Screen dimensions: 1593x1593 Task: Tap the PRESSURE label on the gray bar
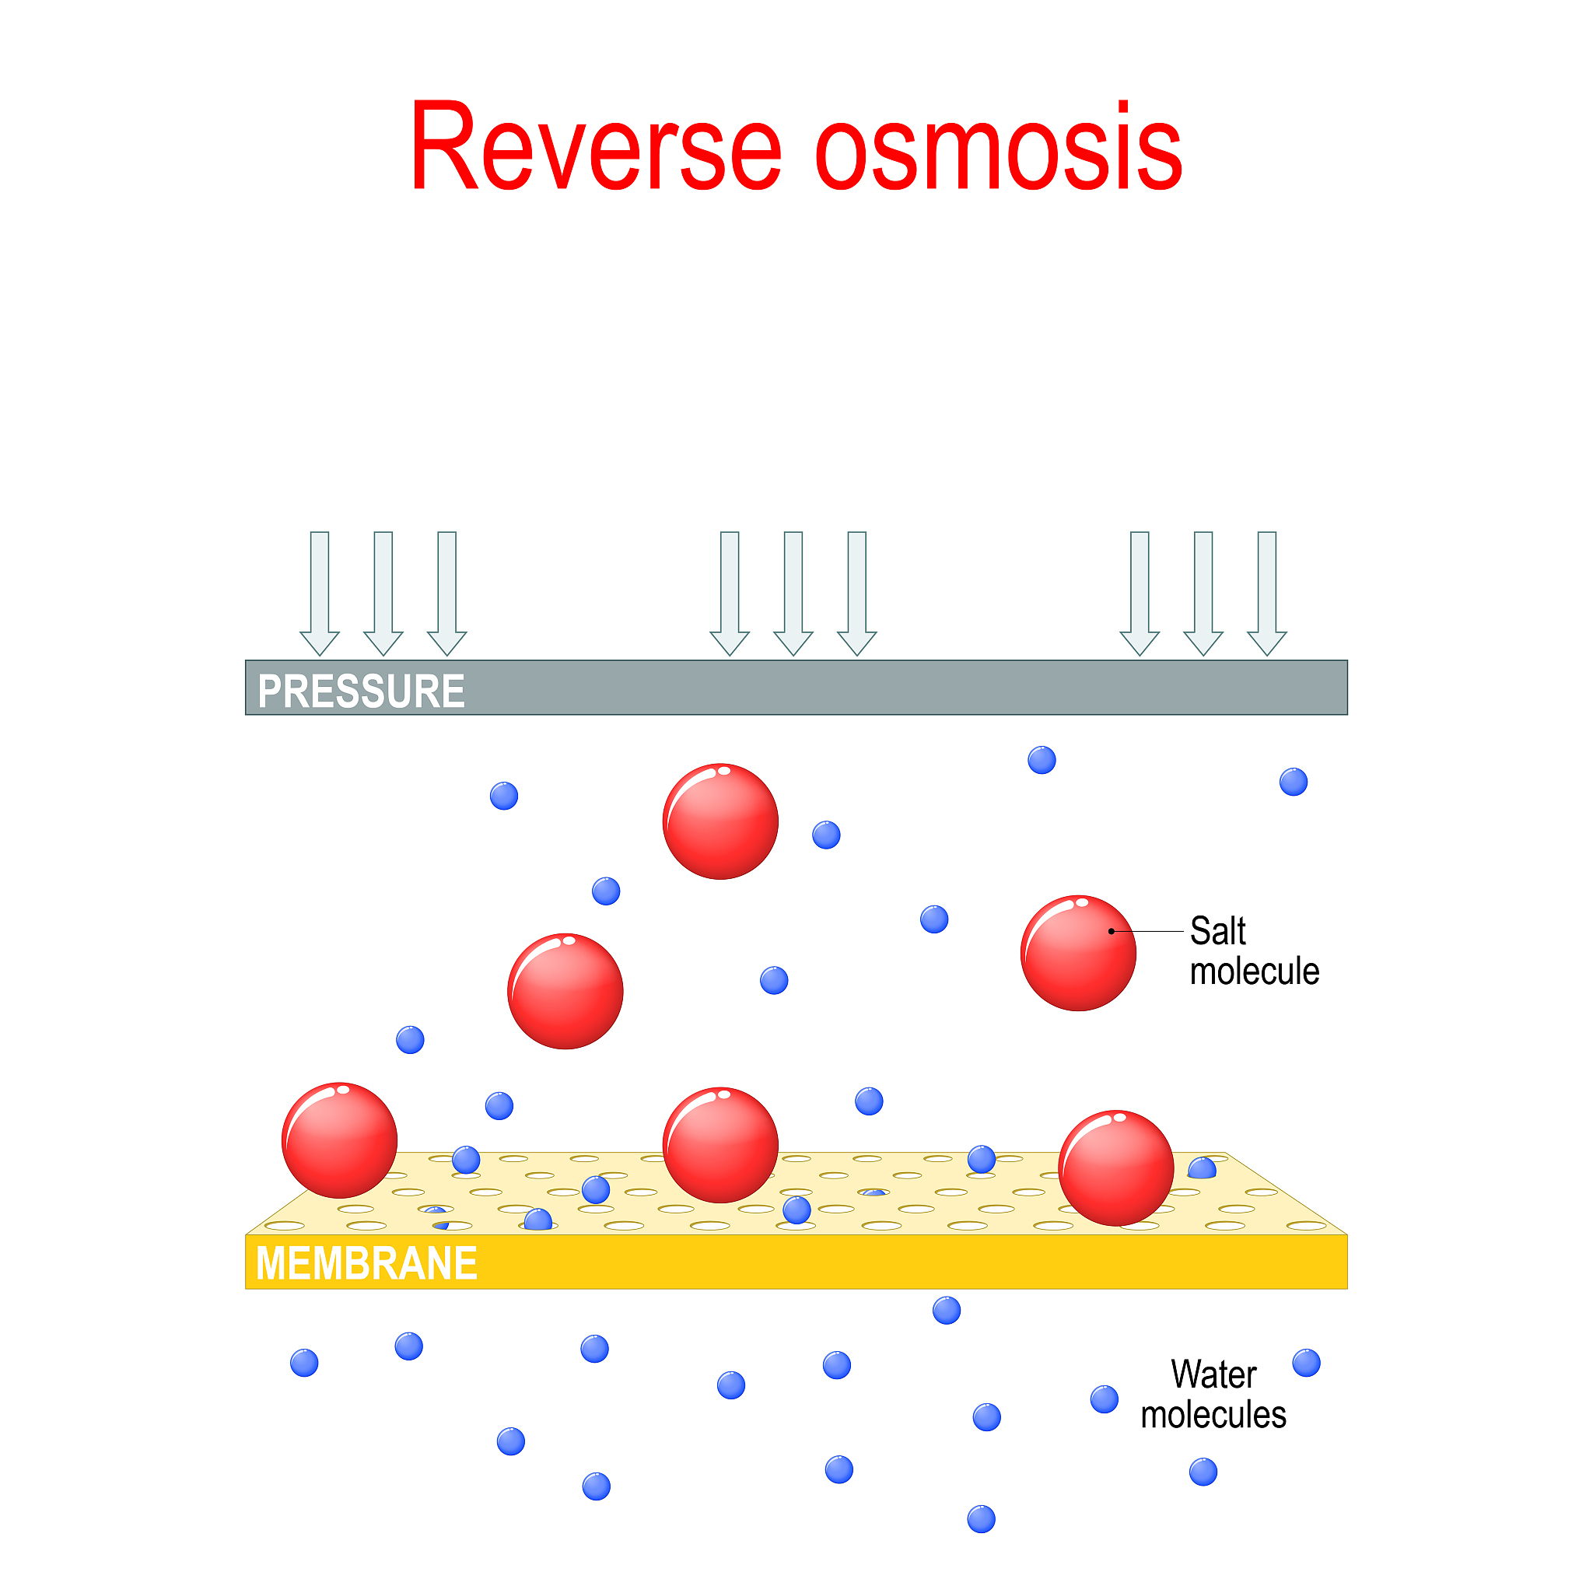tap(361, 691)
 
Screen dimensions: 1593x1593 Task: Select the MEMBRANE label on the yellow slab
tap(366, 1263)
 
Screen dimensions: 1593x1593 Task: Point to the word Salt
tap(1217, 931)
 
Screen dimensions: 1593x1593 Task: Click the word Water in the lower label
tap(1213, 1374)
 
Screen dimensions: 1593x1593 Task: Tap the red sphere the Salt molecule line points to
tap(1077, 952)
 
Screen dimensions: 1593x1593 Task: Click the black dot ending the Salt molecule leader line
tap(1112, 931)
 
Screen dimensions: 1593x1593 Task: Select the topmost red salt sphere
tap(720, 821)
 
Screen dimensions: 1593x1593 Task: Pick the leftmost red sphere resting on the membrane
tap(340, 1140)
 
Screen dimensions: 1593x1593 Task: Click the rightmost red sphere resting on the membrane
tap(1115, 1168)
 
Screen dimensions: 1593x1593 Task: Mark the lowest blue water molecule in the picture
tap(981, 1519)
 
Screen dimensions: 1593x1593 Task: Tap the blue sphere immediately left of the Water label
tap(1104, 1399)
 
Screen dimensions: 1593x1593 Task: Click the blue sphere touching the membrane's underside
tap(947, 1310)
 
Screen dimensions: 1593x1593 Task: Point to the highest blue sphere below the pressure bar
tap(1042, 760)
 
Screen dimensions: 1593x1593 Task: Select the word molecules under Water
tap(1213, 1415)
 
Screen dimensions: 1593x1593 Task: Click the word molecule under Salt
tap(1254, 972)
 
